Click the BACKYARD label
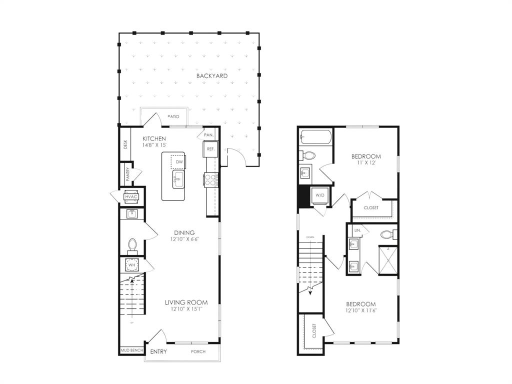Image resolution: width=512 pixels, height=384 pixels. click(212, 76)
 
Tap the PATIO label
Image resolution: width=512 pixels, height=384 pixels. click(173, 116)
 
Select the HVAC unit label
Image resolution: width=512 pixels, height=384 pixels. click(131, 196)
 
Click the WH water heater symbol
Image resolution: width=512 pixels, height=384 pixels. click(131, 265)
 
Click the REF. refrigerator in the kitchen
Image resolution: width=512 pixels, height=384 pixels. click(210, 149)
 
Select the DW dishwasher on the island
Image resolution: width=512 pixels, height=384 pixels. click(178, 162)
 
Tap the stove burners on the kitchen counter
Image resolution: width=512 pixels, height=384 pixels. click(210, 179)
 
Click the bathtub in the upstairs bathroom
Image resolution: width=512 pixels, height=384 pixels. click(315, 137)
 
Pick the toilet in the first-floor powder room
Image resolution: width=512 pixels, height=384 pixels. click(132, 245)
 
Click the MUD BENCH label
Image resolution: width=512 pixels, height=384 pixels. click(131, 350)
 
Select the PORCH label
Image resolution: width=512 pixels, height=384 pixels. click(198, 352)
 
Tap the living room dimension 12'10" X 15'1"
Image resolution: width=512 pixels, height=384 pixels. click(186, 309)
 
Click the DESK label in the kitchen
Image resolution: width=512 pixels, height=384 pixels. click(125, 144)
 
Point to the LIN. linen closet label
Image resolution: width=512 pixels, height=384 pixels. click(357, 230)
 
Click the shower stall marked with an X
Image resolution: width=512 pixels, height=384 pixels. click(387, 260)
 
